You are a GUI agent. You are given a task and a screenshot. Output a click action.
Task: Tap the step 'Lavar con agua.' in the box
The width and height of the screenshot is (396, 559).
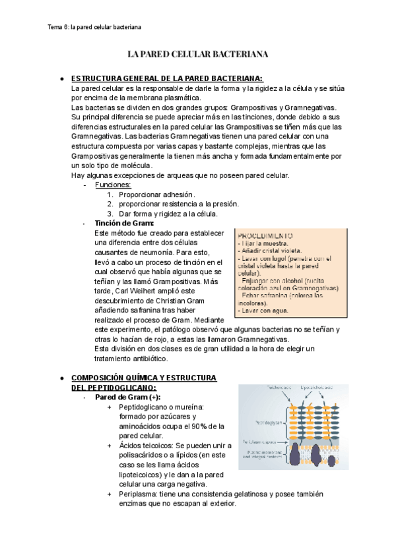click(x=262, y=310)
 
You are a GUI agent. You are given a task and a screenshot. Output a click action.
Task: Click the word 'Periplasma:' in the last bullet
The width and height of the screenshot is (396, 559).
click(x=141, y=494)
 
